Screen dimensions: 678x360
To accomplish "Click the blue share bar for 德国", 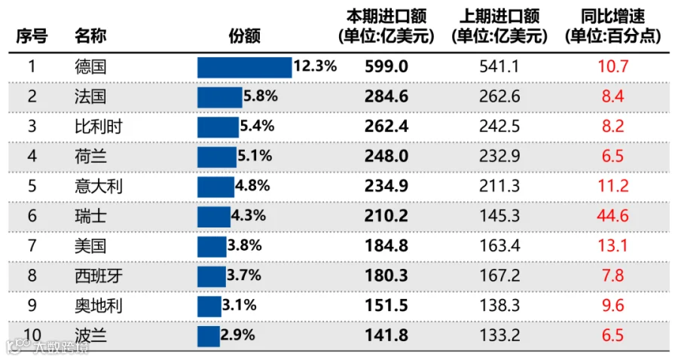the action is click(245, 68).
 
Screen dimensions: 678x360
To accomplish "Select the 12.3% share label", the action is click(315, 66).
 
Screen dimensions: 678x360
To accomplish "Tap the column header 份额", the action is click(245, 36).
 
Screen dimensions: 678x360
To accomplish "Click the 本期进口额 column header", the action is click(386, 26).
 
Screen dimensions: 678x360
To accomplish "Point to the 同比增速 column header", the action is click(612, 26).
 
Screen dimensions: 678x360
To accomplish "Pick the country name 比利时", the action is click(99, 127).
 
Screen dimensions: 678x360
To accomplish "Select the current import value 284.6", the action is click(386, 96).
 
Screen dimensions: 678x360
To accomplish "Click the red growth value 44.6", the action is click(612, 215).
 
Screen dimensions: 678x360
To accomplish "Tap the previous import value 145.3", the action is click(499, 215).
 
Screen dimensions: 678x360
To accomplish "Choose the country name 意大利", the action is click(99, 186).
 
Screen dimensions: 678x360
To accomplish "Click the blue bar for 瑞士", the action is click(214, 217).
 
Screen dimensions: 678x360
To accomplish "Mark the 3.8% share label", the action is click(245, 246).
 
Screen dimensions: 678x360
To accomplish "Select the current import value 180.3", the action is click(386, 276).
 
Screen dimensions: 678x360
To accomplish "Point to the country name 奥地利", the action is click(99, 306).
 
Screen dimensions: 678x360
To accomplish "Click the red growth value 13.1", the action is click(612, 246).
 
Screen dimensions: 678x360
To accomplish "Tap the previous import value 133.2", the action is click(499, 335).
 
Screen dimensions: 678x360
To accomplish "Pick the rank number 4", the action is click(32, 156).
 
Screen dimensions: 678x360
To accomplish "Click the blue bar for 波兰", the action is click(209, 336).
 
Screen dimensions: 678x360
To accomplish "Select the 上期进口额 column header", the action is click(499, 26).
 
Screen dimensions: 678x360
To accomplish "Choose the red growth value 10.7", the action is click(612, 66).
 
